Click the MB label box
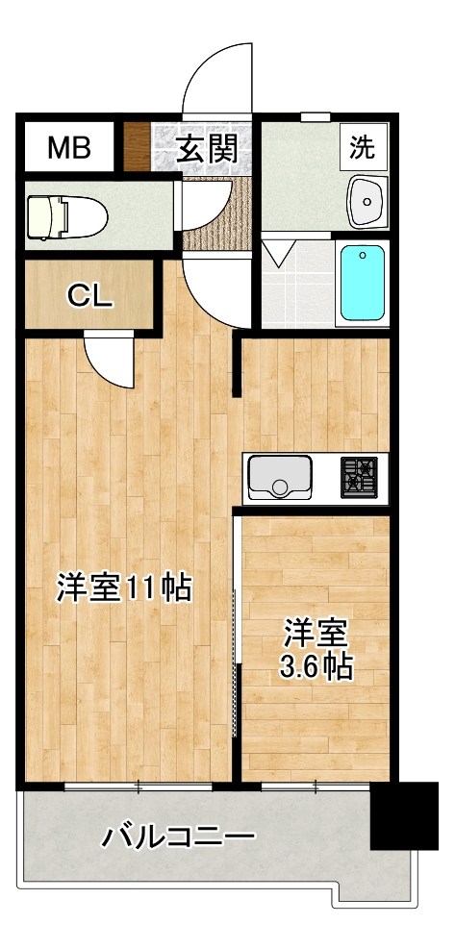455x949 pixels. click(69, 149)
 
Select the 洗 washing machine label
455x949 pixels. click(362, 148)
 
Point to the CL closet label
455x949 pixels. click(88, 296)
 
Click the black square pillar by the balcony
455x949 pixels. click(405, 816)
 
